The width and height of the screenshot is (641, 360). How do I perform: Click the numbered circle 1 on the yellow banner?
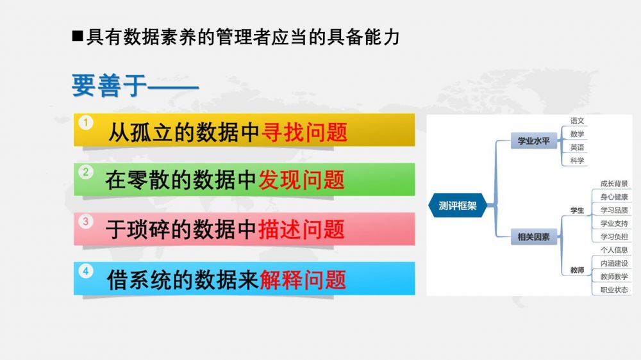(x=86, y=122)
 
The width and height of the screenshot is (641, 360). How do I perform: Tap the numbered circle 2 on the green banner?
(x=86, y=172)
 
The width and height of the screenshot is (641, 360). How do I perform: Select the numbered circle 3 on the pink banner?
(x=86, y=222)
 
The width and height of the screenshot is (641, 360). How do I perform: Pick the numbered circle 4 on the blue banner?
(x=86, y=272)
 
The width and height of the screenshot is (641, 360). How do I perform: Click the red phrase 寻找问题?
(x=304, y=133)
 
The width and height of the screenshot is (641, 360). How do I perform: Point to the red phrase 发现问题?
(x=302, y=180)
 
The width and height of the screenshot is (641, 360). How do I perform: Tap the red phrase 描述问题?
(x=302, y=229)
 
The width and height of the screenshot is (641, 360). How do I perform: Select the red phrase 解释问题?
(x=303, y=280)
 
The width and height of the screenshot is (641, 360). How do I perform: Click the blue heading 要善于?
(x=110, y=86)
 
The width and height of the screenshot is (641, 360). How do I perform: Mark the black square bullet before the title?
(x=78, y=37)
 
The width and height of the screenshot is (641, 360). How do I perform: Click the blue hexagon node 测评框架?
(x=458, y=205)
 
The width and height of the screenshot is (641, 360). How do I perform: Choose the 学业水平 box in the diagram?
(x=533, y=141)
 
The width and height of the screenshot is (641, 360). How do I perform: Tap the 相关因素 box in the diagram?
(x=533, y=236)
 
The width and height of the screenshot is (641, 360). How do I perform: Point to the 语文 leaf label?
(x=578, y=120)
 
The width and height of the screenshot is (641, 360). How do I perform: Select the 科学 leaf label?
(x=578, y=161)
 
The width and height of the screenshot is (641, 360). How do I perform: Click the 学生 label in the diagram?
(x=578, y=211)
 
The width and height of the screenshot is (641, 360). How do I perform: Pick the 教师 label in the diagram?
(x=578, y=270)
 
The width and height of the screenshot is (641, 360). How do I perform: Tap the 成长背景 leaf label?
(x=614, y=183)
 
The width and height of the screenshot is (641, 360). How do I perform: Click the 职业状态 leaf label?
(x=614, y=290)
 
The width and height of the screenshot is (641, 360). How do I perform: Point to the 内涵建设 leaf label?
(x=614, y=263)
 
